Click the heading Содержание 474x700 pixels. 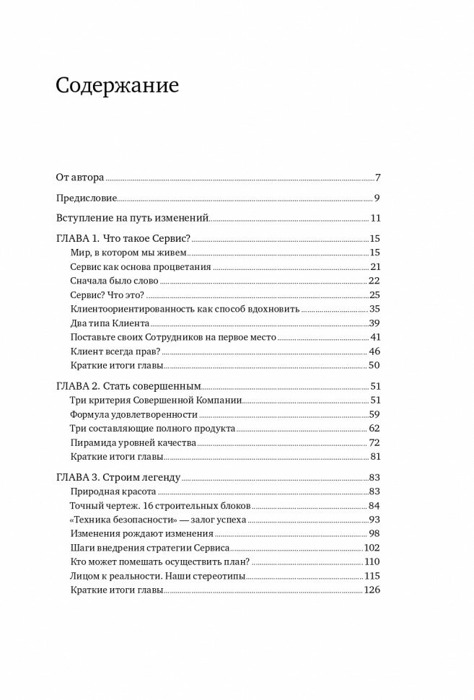point(117,88)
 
